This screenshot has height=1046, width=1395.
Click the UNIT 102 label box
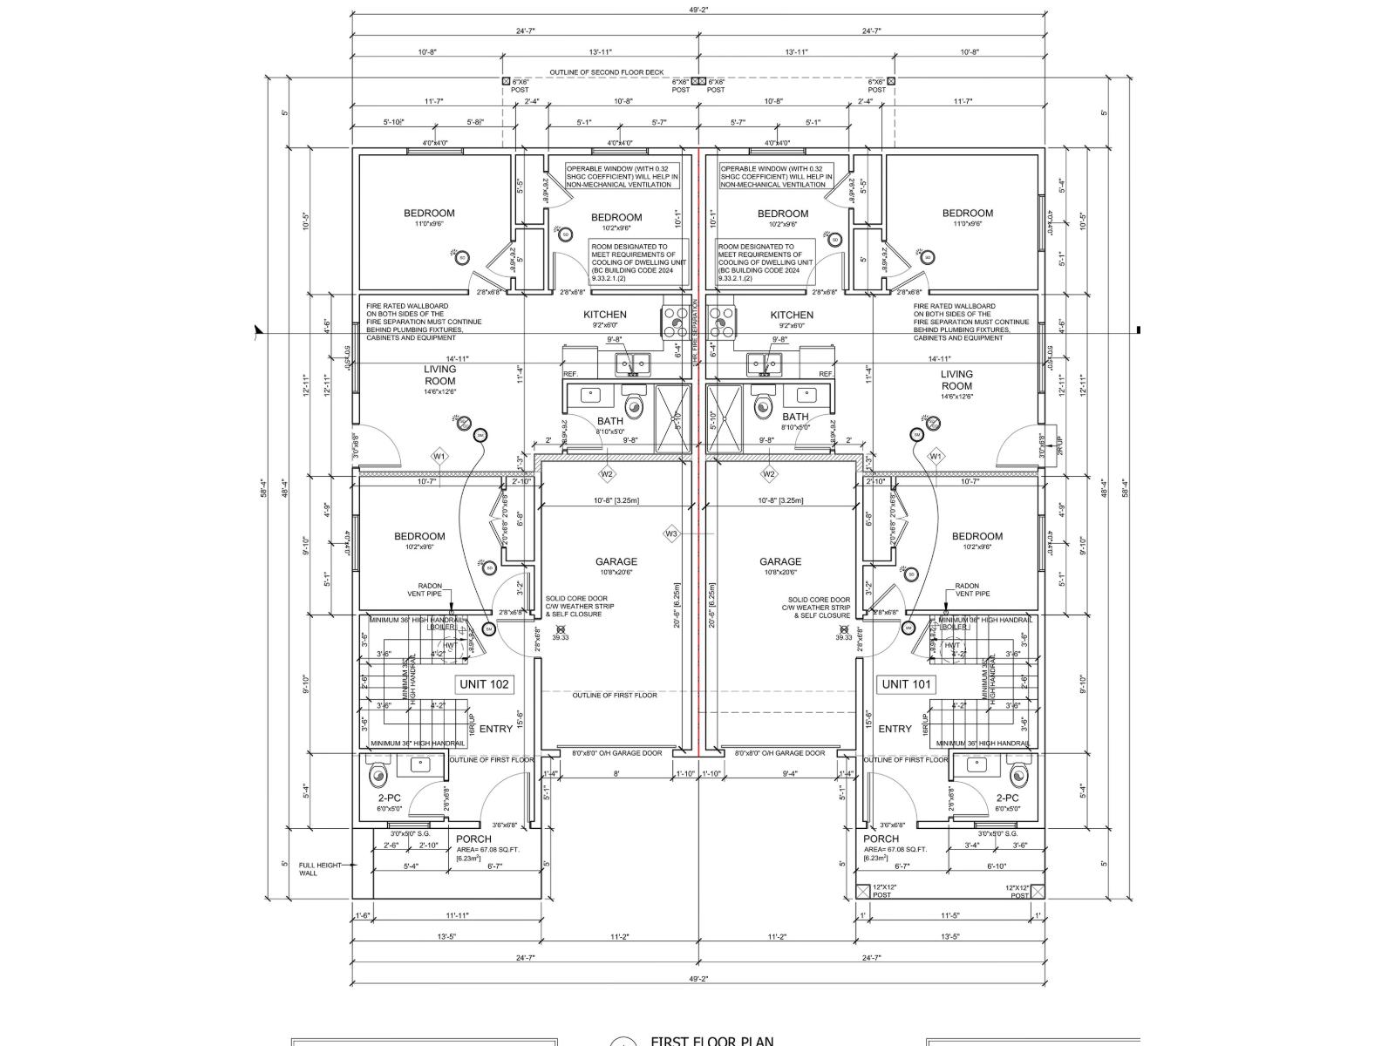click(x=484, y=684)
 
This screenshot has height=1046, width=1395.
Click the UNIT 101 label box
click(x=907, y=684)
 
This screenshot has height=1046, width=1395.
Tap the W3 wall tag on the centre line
click(x=671, y=533)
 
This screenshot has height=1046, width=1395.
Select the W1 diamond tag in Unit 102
click(x=439, y=456)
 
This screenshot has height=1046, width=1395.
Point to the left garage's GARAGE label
click(x=616, y=562)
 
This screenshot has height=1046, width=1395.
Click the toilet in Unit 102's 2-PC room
click(x=378, y=773)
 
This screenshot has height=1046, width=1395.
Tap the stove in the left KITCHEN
click(x=674, y=322)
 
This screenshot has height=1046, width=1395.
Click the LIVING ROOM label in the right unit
click(x=956, y=380)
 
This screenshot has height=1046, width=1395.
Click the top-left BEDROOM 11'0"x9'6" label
click(x=429, y=214)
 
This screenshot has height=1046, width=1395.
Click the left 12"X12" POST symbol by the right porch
click(x=864, y=891)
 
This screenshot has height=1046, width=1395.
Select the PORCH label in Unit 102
click(x=473, y=839)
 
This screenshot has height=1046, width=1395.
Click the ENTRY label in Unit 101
click(x=895, y=729)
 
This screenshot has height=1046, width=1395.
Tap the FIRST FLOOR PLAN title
click(x=711, y=1041)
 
